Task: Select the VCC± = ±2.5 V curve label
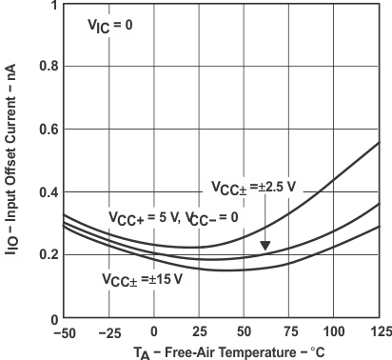(255, 186)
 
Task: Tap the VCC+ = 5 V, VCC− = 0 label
(170, 217)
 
